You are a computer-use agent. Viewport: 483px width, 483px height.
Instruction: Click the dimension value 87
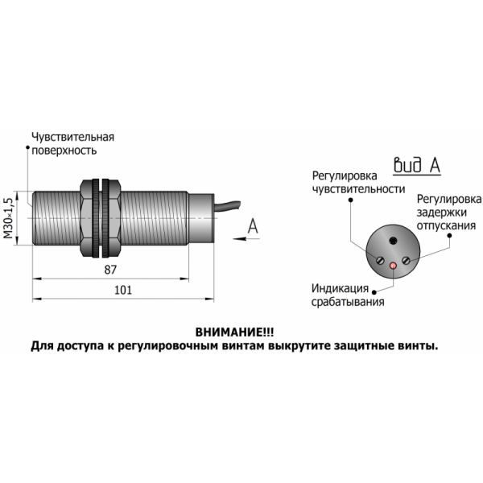point(110,270)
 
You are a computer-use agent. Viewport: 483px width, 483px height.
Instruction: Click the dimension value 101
point(123,290)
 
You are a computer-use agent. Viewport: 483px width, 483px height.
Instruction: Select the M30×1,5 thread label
point(9,218)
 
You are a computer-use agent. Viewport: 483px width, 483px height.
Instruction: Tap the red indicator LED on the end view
point(394,265)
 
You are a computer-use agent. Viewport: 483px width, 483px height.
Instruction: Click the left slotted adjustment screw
point(380,261)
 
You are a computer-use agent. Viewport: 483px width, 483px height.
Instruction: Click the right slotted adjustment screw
point(407,260)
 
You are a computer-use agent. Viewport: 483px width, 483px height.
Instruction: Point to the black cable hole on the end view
point(393,240)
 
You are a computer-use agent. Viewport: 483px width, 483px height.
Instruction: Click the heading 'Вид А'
point(417,165)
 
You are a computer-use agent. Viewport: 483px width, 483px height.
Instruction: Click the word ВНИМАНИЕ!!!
point(234,332)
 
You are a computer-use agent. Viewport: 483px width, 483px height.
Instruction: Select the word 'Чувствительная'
point(73,137)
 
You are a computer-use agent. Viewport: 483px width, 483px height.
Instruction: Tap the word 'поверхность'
point(64,151)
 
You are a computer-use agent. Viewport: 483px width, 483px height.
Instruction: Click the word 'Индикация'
point(340,288)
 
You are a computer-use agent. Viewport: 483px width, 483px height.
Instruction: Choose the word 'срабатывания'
point(348,302)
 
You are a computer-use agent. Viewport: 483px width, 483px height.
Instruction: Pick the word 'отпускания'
point(446,225)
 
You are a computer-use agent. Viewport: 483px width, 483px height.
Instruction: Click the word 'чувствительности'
point(358,189)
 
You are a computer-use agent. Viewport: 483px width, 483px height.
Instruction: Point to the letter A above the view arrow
point(253,225)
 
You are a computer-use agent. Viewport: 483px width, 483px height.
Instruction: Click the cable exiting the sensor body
point(227,205)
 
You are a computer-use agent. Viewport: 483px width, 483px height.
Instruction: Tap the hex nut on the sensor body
point(100,218)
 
